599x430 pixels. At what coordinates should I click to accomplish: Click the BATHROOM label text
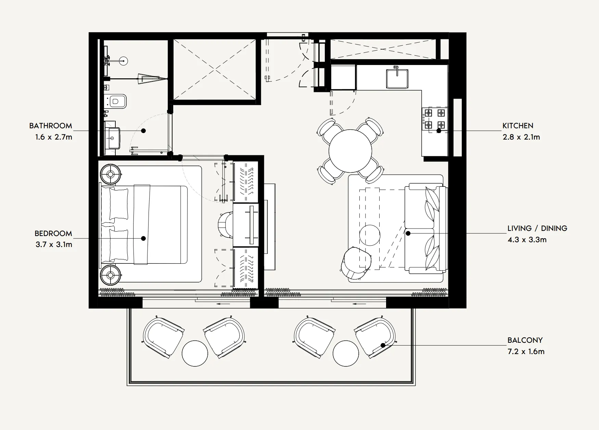[x=50, y=126]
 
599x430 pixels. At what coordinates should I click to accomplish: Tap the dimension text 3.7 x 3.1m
[x=54, y=245]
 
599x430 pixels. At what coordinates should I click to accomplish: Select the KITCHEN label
[x=518, y=126]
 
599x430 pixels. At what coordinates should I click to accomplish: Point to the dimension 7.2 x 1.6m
[x=526, y=352]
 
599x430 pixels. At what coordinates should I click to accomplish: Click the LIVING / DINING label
[x=537, y=228]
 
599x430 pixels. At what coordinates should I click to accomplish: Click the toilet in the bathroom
[x=117, y=101]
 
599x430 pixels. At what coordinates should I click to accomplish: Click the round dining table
[x=350, y=151]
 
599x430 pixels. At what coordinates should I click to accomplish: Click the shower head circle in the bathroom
[x=124, y=61]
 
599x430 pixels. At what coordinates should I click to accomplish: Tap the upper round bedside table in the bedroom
[x=111, y=174]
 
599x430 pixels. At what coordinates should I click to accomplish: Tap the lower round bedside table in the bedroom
[x=111, y=275]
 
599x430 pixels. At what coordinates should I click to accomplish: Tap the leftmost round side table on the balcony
[x=195, y=353]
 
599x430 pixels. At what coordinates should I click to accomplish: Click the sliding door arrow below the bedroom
[x=224, y=303]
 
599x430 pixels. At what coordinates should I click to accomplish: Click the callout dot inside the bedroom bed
[x=143, y=238]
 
